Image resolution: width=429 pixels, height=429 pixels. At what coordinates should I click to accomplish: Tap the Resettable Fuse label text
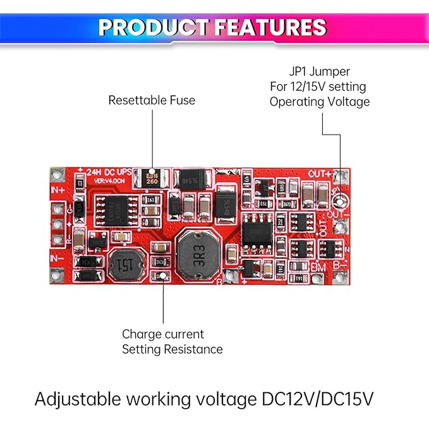coord(152,100)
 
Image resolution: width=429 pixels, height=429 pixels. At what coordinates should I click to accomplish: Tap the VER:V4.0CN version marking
coord(111,181)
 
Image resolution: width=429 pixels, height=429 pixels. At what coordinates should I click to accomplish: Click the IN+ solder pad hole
coord(57,174)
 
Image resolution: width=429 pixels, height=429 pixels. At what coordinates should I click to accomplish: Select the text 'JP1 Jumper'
coord(318,71)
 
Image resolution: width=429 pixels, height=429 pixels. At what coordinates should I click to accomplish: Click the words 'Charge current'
coord(163,334)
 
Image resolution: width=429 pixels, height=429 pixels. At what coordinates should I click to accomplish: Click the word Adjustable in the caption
coord(75,399)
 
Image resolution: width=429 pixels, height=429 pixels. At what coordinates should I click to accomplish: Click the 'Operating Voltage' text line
coord(320,102)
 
